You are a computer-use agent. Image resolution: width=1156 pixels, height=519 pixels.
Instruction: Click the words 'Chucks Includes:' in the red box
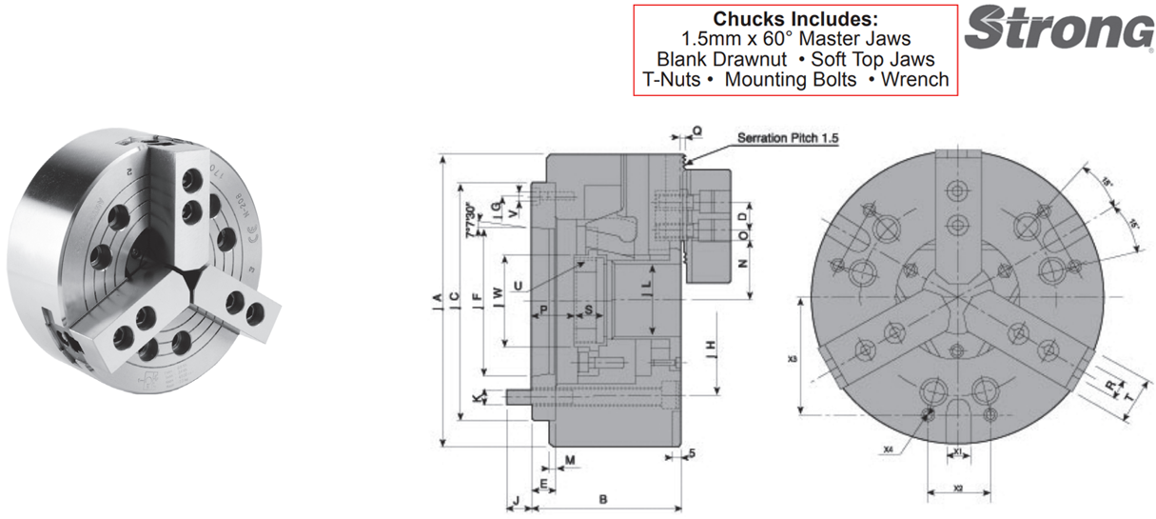click(x=795, y=19)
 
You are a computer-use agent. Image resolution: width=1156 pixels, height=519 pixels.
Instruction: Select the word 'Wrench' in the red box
click(x=915, y=79)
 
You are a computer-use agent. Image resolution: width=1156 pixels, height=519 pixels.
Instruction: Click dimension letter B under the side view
click(x=602, y=498)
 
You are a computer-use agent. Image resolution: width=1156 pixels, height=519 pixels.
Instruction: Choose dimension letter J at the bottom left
click(x=515, y=499)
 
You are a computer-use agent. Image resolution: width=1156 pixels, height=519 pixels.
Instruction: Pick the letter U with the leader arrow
click(x=517, y=285)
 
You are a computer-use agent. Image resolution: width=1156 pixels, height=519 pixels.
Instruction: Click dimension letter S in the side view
click(x=588, y=309)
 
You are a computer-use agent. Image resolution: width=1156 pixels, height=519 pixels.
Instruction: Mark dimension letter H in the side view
click(x=711, y=348)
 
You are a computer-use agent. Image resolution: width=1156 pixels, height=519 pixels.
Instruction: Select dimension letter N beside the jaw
click(x=743, y=261)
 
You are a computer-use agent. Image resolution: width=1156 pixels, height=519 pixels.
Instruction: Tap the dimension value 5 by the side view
click(x=693, y=453)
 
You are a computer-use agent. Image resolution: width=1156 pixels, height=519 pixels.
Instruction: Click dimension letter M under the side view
click(x=570, y=461)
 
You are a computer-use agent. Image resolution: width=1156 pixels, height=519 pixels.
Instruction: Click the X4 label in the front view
click(x=888, y=448)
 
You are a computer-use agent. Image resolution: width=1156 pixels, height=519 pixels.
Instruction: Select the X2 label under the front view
click(x=959, y=488)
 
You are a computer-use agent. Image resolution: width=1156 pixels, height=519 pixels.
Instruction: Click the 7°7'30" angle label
click(x=468, y=218)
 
